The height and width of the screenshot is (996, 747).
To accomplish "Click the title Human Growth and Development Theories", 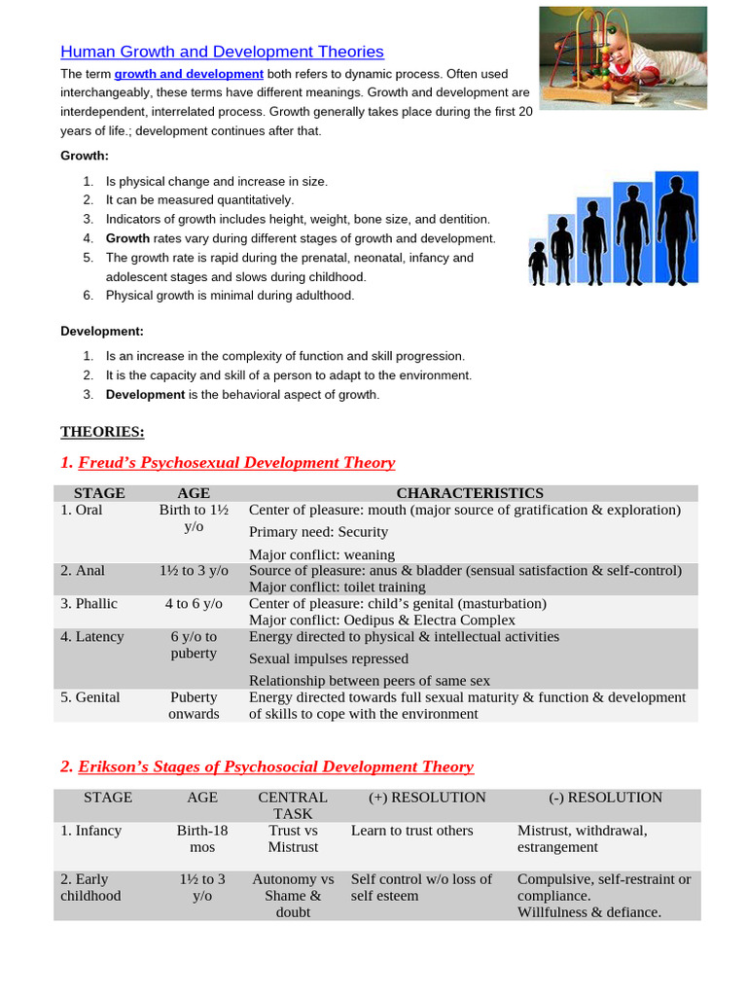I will click(222, 52).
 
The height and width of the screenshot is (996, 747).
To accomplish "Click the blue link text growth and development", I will click(189, 74).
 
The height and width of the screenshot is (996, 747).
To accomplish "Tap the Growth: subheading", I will click(85, 156).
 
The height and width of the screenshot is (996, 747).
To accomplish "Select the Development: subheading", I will click(102, 331).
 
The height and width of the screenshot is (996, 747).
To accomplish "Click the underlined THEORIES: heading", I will click(102, 432).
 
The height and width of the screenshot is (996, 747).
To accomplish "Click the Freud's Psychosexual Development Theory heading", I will click(228, 462).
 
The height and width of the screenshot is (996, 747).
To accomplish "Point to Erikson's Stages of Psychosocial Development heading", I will click(267, 766).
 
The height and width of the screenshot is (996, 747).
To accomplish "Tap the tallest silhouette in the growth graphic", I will click(677, 230).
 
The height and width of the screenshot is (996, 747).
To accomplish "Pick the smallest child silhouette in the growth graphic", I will click(538, 263).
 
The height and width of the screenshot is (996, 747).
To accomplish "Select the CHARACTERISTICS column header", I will click(470, 493).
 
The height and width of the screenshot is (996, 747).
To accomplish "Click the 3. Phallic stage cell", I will click(89, 604).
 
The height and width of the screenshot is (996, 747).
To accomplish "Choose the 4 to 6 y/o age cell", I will click(194, 604).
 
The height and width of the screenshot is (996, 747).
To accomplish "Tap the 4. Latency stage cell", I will click(92, 637).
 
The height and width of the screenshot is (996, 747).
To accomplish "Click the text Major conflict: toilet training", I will click(338, 587).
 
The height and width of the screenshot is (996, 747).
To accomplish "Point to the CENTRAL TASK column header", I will click(293, 805).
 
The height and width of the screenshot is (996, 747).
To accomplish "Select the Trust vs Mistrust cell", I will click(293, 838).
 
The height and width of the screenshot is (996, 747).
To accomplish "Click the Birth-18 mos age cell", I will click(202, 838).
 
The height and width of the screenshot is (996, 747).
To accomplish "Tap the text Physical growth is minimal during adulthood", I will click(230, 296).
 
